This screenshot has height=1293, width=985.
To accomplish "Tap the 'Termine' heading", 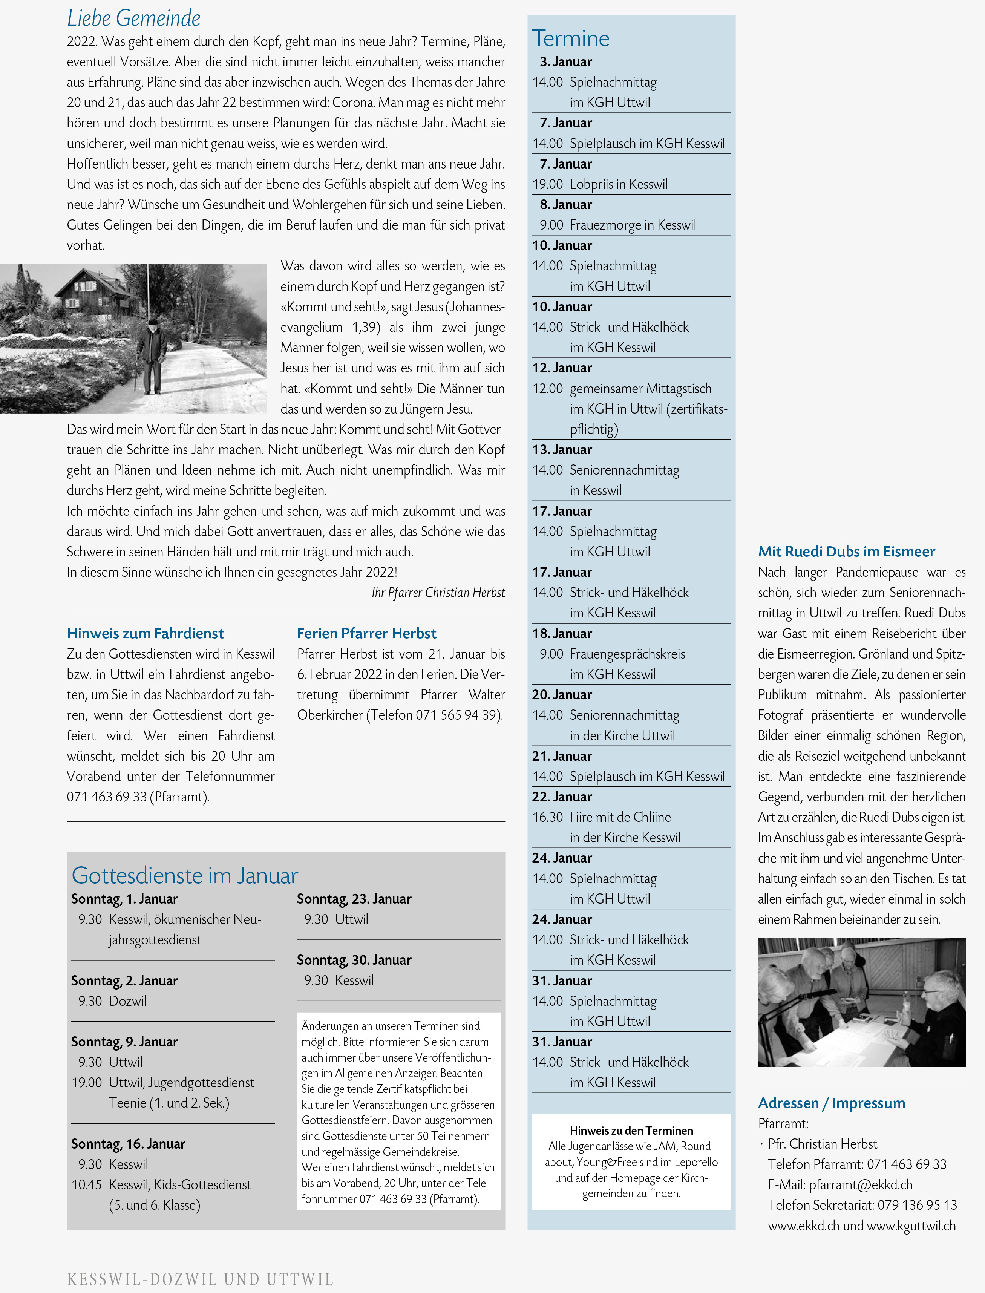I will click(570, 39).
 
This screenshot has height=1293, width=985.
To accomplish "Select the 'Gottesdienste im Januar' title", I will click(185, 875).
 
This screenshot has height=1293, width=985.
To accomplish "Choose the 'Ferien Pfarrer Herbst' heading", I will click(366, 633).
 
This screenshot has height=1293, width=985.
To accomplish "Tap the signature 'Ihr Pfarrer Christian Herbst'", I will click(438, 593).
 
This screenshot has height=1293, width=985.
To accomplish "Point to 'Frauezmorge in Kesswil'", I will click(633, 225).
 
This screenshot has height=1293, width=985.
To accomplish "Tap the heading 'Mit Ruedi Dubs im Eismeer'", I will click(846, 552).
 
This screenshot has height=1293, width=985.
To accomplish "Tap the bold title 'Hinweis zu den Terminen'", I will click(631, 1131).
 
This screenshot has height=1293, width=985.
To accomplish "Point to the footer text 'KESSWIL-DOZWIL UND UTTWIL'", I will click(200, 1279).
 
